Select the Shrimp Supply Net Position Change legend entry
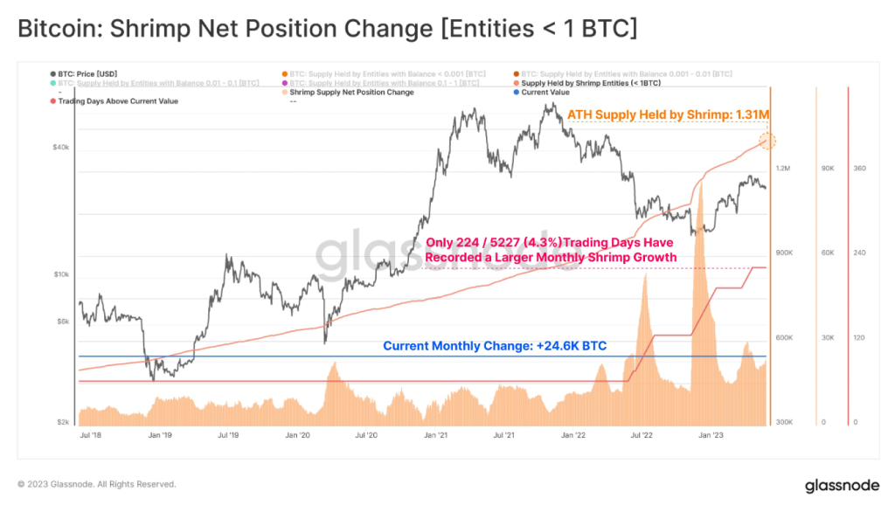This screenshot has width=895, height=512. (x=351, y=92)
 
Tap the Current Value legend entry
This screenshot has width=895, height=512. (x=546, y=92)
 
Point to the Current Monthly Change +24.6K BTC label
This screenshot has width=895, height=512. (x=495, y=346)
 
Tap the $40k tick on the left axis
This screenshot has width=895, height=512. (x=60, y=147)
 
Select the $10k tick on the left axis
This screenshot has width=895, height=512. (x=60, y=274)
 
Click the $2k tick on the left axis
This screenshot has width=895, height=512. (x=62, y=422)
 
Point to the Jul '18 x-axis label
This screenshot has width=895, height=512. (x=91, y=434)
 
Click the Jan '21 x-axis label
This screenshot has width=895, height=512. (x=436, y=434)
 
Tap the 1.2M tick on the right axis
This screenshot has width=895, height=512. (x=783, y=168)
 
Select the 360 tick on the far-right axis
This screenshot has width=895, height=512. (x=859, y=168)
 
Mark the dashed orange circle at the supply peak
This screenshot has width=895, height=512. (x=767, y=141)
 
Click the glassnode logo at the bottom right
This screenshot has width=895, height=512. (x=841, y=485)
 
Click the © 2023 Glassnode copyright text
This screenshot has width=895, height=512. (x=97, y=484)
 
